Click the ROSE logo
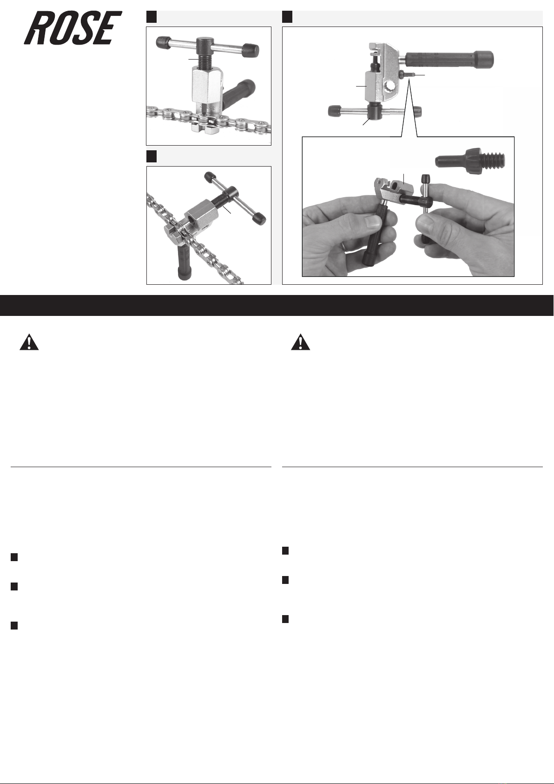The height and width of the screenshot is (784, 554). (x=73, y=27)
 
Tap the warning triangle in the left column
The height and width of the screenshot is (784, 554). (x=29, y=342)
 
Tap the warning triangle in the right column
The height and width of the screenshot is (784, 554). (x=301, y=342)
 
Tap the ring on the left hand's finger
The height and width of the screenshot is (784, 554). (x=345, y=247)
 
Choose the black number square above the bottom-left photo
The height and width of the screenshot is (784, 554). (x=152, y=156)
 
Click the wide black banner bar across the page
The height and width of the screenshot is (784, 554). (x=277, y=305)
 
